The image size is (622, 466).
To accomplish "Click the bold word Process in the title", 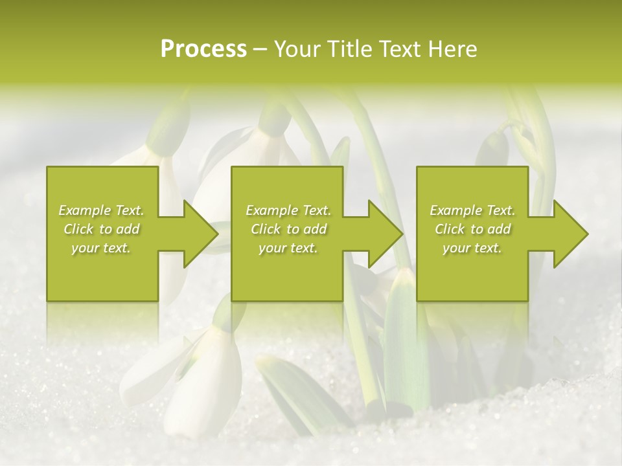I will click(x=203, y=49).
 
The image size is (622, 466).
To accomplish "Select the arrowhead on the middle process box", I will click(x=384, y=234).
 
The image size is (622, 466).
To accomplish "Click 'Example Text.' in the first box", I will click(x=102, y=210).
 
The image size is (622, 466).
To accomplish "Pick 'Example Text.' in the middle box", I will click(x=288, y=210).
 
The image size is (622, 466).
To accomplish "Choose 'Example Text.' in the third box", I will click(x=472, y=210).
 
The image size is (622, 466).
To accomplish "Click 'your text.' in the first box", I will click(x=101, y=248).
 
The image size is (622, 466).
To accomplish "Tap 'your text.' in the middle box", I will click(x=288, y=248).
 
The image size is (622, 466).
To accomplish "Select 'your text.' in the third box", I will click(x=472, y=248).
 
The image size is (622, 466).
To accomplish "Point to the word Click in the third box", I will click(x=450, y=229).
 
